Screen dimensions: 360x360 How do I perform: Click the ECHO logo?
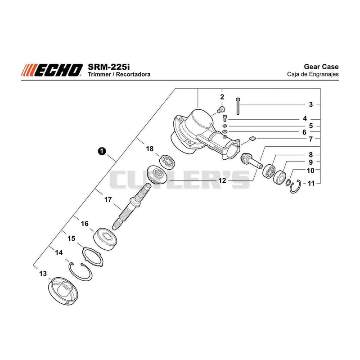click(x=52, y=70)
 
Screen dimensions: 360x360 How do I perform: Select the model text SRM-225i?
click(x=108, y=67)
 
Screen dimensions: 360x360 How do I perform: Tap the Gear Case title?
click(x=321, y=67)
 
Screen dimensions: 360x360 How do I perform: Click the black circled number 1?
click(x=102, y=151)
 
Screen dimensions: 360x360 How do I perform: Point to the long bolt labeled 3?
click(x=238, y=106)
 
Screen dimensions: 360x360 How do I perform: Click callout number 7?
click(x=310, y=139)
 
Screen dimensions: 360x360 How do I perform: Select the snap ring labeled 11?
click(x=296, y=186)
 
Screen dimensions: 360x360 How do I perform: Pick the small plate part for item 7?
click(x=252, y=139)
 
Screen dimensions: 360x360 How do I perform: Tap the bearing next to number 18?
click(x=167, y=162)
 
